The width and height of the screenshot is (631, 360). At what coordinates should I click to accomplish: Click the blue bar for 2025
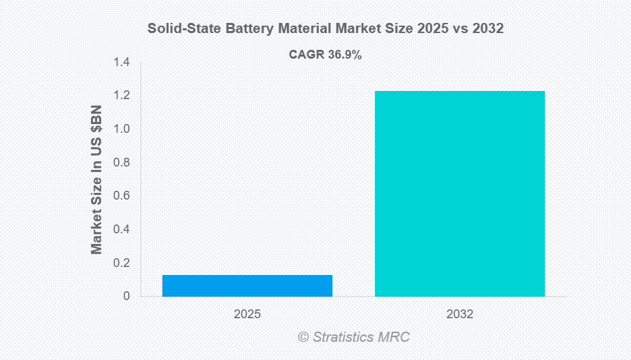247,285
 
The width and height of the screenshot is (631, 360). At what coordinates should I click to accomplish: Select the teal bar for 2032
459,193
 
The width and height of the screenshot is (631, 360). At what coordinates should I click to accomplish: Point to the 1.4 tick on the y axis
121,63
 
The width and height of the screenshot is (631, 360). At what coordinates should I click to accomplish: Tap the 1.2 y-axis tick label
121,96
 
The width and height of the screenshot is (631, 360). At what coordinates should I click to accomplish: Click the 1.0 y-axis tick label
121,129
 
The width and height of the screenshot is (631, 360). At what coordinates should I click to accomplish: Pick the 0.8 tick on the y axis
121,162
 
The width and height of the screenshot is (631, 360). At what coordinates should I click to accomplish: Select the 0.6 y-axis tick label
121,196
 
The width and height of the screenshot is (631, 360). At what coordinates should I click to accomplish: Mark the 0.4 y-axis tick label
121,229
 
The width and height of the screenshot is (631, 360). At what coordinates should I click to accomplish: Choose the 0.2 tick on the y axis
121,263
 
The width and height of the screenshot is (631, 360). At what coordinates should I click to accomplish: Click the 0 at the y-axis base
126,296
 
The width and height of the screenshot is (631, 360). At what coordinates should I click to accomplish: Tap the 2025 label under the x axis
247,314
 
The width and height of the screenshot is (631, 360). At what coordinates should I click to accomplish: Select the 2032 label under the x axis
460,314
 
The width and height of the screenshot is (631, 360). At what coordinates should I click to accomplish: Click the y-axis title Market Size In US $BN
97,179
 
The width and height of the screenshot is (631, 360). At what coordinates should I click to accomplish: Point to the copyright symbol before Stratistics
303,336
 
